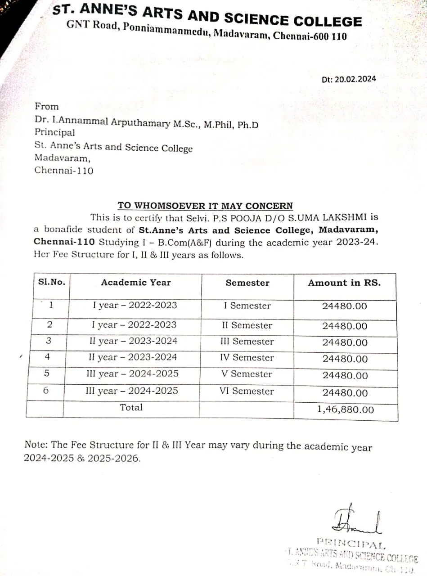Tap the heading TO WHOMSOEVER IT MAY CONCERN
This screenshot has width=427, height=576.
tap(205, 206)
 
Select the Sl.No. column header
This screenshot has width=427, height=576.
tap(52, 283)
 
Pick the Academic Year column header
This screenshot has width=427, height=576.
tap(136, 283)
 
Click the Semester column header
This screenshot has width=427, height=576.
tap(247, 283)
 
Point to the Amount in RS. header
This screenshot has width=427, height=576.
tap(344, 283)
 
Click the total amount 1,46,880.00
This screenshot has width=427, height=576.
tap(345, 409)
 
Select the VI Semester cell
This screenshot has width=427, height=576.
tap(247, 391)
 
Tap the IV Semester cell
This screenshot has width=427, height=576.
tap(247, 358)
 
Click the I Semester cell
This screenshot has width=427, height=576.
tap(247, 306)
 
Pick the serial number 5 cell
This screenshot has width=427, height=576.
tap(47, 374)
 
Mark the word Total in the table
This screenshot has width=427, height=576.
tap(131, 408)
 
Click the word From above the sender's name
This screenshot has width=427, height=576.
tap(47, 107)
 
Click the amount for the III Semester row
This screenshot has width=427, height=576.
tap(345, 342)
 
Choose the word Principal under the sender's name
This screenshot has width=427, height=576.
tap(55, 133)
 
